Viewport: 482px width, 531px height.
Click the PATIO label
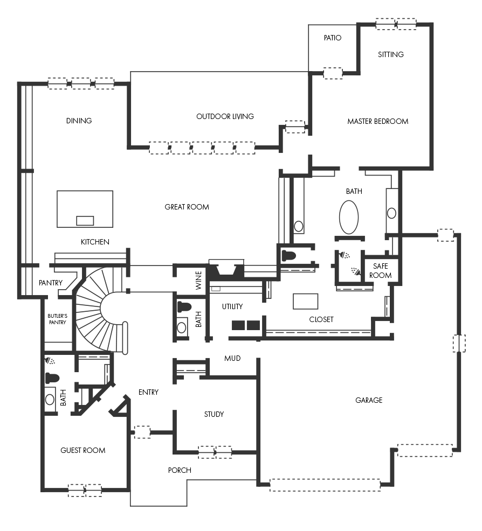332,38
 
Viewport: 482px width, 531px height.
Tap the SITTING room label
391,54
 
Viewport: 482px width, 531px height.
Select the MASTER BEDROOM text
377,121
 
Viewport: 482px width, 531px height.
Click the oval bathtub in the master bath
349,217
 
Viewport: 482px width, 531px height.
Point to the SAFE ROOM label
380,270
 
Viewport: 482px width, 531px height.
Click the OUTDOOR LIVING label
225,116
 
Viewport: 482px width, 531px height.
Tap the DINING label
79,121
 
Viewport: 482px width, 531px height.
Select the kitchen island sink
85,220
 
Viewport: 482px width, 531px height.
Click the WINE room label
198,280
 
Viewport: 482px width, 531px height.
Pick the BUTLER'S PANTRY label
57,319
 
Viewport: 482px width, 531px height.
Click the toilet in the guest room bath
52,378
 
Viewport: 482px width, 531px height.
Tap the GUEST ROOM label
82,450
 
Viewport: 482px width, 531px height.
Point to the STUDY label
214,414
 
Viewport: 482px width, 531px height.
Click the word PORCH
180,470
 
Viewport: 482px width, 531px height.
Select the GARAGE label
369,400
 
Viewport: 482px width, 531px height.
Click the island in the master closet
305,302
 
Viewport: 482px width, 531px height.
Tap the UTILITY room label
232,306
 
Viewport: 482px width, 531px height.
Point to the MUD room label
232,358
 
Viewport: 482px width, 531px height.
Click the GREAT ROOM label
187,207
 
